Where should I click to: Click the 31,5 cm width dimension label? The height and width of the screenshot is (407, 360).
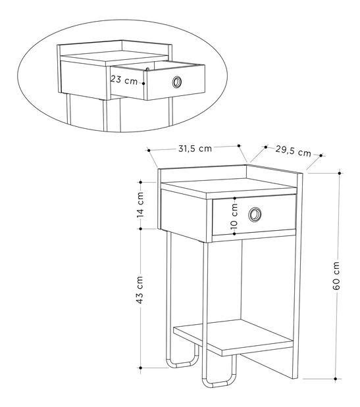click(195, 149)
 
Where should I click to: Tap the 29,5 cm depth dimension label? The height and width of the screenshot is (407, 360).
click(294, 151)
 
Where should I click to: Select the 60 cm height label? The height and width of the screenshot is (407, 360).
click(336, 275)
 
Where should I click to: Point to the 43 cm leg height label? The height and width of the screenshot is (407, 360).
click(140, 290)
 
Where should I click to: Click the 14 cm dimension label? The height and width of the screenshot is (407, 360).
click(140, 204)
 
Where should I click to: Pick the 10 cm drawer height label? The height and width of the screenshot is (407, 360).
click(234, 216)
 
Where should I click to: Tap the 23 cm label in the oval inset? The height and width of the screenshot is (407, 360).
click(124, 80)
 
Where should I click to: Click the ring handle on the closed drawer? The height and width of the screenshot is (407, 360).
click(255, 214)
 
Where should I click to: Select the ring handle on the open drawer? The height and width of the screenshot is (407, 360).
click(177, 82)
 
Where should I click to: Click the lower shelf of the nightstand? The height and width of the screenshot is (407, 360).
click(233, 337)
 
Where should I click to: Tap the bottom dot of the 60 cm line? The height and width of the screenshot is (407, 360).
click(336, 379)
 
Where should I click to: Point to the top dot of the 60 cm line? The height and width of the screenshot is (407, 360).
click(340, 173)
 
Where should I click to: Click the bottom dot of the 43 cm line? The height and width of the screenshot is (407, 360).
click(141, 368)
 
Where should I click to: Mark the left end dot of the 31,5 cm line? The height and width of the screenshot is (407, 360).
click(149, 151)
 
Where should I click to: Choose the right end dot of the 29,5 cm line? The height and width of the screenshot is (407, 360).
click(321, 155)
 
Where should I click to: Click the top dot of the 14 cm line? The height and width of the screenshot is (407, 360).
click(141, 182)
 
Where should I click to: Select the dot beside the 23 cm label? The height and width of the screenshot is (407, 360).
click(143, 84)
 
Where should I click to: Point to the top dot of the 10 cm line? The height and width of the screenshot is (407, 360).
click(234, 199)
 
